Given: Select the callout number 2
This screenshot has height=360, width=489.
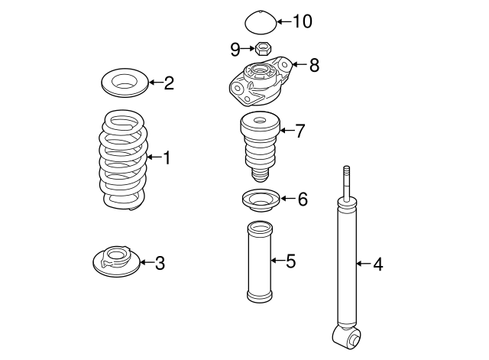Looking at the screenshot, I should [168, 83].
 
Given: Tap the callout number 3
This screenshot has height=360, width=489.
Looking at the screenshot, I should [159, 264].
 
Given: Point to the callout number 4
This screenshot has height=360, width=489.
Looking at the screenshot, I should [377, 264].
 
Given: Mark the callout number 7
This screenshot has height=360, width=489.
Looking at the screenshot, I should [300, 131].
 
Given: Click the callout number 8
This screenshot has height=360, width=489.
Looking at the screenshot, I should [313, 65].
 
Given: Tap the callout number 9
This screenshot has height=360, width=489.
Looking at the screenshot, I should [235, 49].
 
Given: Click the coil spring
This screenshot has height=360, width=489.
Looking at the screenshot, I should [122, 161].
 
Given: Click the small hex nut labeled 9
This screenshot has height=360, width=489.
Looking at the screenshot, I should [260, 50].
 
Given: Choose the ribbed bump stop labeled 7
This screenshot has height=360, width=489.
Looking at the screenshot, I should [259, 145].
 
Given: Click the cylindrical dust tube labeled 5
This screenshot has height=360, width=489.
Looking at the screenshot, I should [257, 261].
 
